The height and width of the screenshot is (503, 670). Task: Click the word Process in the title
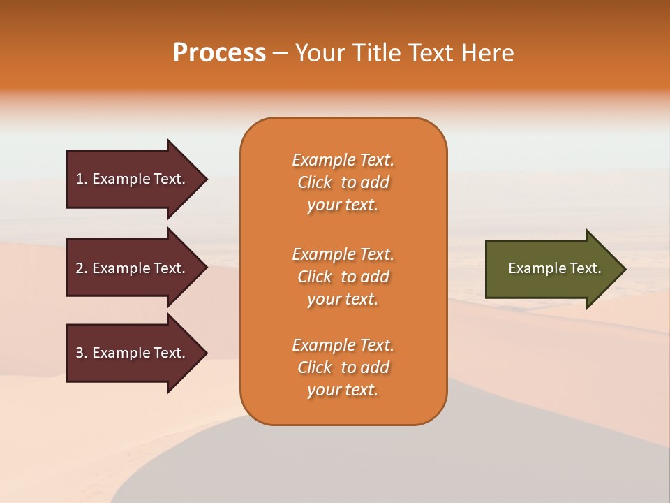coord(219,53)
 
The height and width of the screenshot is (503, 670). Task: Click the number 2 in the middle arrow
coord(80,268)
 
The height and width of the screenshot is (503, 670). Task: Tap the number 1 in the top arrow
coord(80,179)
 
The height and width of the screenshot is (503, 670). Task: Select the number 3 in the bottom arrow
coord(80,353)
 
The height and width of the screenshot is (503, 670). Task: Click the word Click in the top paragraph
coord(315,183)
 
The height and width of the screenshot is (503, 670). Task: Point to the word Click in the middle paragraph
coord(315,277)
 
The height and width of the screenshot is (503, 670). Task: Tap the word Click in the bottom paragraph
coord(315,368)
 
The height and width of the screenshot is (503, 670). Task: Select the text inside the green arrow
coord(554,268)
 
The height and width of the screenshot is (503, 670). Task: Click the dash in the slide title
coord(281,53)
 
